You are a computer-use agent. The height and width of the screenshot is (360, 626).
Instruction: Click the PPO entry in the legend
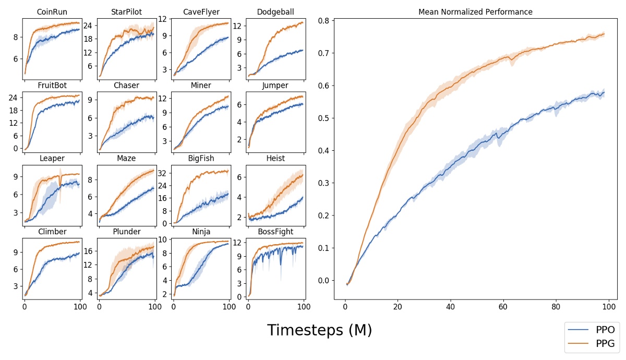point(605,330)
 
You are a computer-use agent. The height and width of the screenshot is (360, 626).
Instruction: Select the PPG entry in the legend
point(605,343)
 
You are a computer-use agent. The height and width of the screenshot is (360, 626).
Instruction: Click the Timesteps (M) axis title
point(319,330)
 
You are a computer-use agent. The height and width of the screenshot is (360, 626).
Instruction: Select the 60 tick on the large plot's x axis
point(503,306)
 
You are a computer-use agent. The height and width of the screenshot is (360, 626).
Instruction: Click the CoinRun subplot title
point(52,12)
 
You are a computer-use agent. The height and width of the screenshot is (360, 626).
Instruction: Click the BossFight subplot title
point(275,232)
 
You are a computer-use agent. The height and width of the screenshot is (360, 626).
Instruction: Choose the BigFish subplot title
point(201,159)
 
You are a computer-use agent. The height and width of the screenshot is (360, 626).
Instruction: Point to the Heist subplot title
point(275,159)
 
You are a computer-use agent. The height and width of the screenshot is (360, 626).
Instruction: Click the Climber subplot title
point(52,232)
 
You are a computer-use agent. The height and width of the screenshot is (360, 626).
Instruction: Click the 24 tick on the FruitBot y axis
point(14,98)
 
